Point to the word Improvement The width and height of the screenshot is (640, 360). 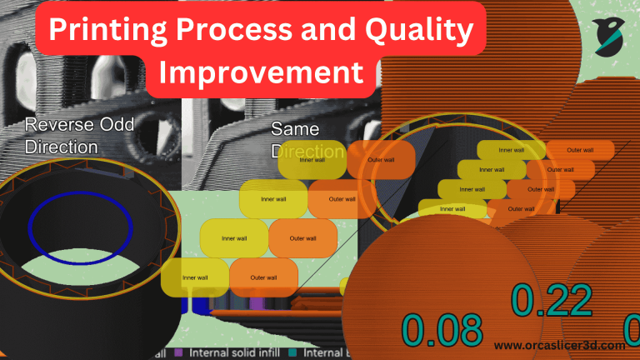(x=262, y=72)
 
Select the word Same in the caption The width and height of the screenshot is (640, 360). (x=295, y=130)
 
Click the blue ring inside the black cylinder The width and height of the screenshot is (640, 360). (x=80, y=227)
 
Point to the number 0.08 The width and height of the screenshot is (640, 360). (x=442, y=329)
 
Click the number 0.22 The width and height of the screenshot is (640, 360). (x=552, y=301)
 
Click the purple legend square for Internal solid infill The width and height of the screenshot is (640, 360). (x=177, y=352)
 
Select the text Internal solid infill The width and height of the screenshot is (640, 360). (x=229, y=352)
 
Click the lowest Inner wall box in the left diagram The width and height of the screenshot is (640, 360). (x=194, y=277)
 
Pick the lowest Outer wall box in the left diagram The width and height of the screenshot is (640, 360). (x=263, y=277)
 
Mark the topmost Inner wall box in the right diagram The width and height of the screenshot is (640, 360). (x=511, y=150)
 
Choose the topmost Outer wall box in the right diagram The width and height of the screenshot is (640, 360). (x=580, y=150)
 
